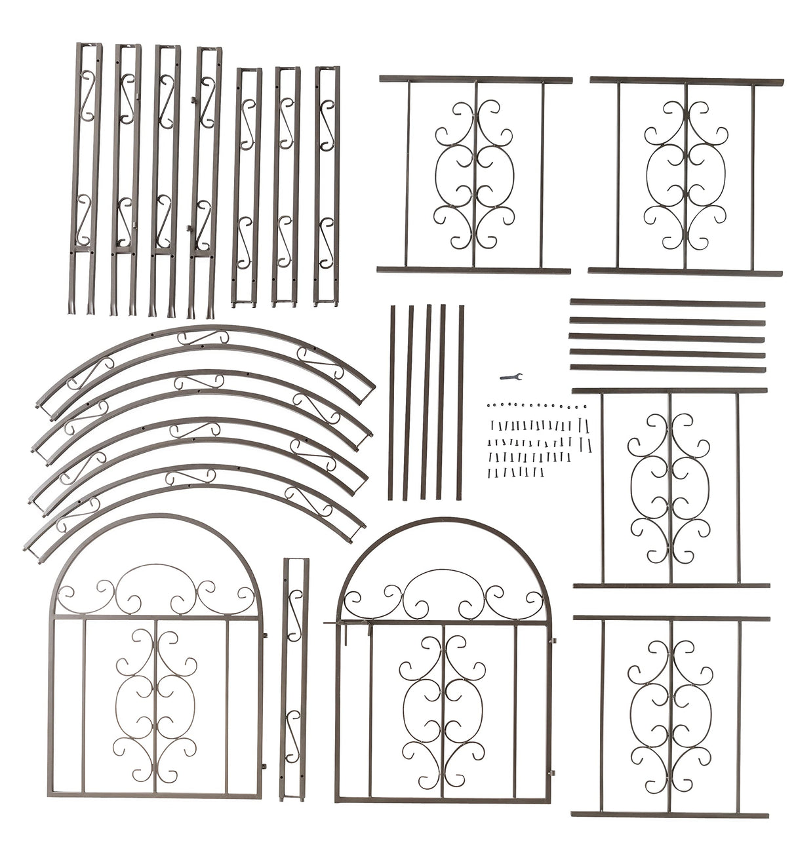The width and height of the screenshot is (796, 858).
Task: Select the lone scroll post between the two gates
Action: [x=294, y=678]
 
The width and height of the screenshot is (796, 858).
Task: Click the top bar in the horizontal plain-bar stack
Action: [x=667, y=303]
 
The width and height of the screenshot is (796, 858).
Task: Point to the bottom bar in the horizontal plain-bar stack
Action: [x=667, y=369]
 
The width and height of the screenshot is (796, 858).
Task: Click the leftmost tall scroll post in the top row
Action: [x=87, y=177]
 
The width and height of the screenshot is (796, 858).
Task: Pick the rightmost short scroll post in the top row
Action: [x=327, y=184]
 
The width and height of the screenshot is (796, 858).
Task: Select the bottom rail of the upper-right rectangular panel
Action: [x=685, y=272]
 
